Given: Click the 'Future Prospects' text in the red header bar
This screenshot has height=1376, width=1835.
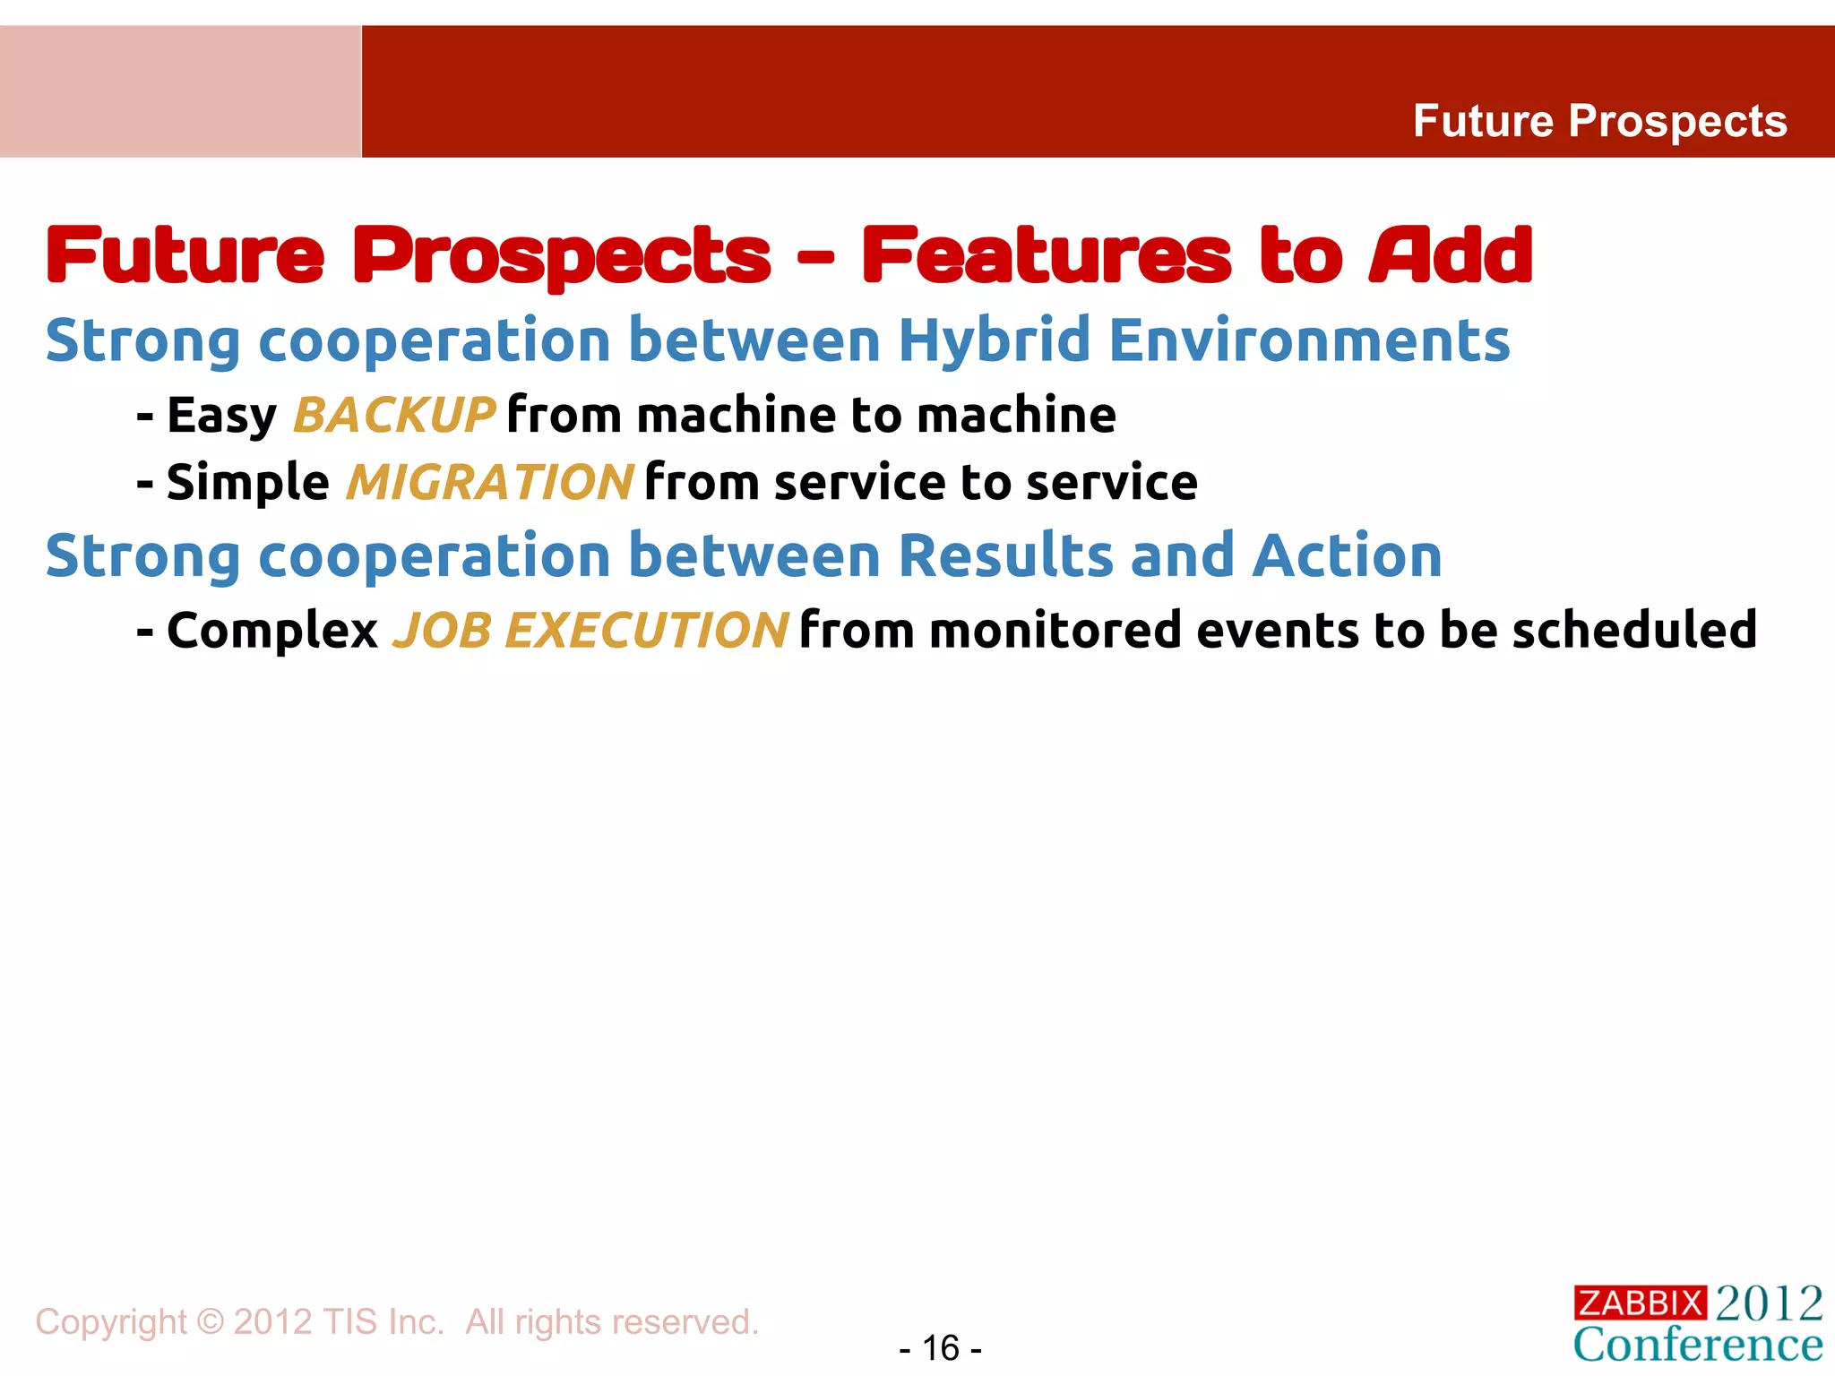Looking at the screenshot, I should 1599,121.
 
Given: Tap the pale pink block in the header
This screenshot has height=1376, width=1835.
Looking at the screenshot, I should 180,91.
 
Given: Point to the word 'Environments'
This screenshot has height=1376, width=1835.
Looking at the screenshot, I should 1309,341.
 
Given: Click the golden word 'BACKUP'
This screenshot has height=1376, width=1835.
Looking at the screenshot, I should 393,416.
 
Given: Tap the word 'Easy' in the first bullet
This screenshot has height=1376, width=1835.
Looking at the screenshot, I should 221,416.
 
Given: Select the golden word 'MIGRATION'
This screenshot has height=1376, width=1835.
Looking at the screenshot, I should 490,483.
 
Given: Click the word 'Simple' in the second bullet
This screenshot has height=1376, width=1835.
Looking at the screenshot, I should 247,483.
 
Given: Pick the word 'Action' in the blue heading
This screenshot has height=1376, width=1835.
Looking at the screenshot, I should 1347,556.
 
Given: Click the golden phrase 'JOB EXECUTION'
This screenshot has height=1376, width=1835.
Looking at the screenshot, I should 590,631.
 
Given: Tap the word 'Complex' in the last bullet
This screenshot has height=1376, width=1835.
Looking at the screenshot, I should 272,631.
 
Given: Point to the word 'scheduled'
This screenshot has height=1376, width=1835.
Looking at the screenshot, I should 1633,630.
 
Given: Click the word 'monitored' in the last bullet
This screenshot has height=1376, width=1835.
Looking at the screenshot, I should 1055,630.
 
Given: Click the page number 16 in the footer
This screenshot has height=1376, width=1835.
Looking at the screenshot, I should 940,1348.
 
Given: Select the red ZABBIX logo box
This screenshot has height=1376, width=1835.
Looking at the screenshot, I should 1640,1303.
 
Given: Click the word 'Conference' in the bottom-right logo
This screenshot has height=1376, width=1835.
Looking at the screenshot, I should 1698,1345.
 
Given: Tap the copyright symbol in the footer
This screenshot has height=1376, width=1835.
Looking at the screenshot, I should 210,1322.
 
